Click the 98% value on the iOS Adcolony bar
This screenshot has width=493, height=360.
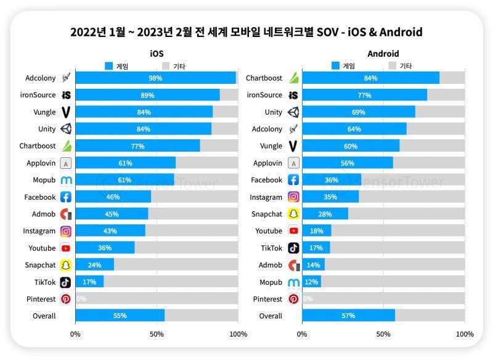point(155,78)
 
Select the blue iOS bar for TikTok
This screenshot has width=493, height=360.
point(89,282)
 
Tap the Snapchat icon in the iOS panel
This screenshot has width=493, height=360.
point(66,265)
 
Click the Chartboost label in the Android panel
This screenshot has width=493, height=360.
point(264,78)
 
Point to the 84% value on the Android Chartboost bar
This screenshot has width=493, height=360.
point(371,78)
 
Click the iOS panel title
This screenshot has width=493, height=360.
point(157,54)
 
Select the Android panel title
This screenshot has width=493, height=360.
point(383,54)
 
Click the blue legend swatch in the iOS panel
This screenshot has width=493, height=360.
point(108,66)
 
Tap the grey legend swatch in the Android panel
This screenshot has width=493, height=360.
point(392,66)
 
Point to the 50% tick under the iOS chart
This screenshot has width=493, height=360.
point(157,334)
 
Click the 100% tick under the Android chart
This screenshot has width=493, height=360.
point(464,334)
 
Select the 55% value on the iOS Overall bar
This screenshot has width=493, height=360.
point(120,316)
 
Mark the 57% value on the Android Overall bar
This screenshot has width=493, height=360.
point(348,316)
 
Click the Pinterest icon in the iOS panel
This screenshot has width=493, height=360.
point(66,299)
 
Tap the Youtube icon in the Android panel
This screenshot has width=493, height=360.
point(293,231)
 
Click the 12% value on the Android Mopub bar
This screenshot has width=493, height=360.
point(312,282)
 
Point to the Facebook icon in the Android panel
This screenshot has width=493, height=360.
point(293,180)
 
